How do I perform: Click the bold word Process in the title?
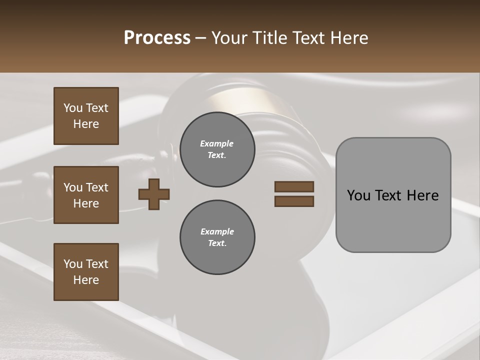(157, 38)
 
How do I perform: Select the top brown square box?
(86, 116)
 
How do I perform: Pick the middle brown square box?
(86, 195)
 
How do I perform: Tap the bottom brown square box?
(86, 272)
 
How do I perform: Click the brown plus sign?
(154, 194)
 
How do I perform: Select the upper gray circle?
(217, 149)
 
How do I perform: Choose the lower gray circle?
(217, 237)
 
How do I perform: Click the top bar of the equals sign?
(294, 187)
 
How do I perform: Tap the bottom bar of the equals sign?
(294, 201)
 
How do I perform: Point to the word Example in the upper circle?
(217, 143)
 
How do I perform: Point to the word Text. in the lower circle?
(217, 243)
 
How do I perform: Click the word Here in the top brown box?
(86, 124)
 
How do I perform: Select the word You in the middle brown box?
(73, 187)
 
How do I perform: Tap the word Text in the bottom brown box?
(97, 264)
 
